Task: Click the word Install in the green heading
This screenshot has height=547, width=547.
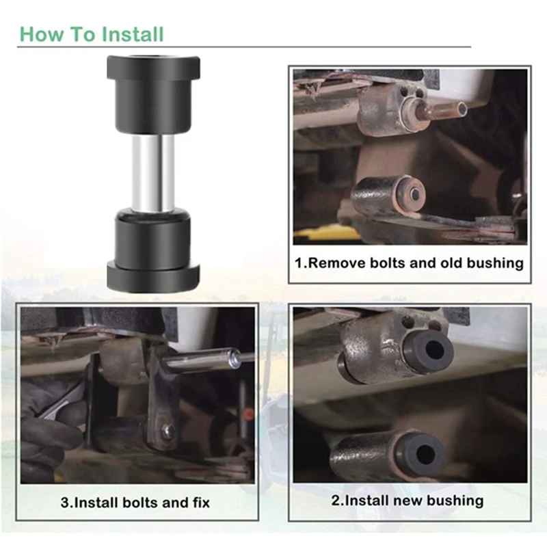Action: pyautogui.click(x=132, y=35)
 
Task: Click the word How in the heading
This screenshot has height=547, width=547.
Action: pyautogui.click(x=42, y=35)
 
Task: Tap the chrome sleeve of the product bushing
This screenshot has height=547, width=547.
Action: pyautogui.click(x=153, y=174)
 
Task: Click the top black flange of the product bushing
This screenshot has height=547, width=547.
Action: pyautogui.click(x=153, y=67)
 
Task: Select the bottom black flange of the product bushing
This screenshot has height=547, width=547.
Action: pyautogui.click(x=153, y=278)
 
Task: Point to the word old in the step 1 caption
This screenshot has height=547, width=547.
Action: pyautogui.click(x=452, y=263)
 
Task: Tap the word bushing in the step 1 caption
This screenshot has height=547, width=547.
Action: pyautogui.click(x=495, y=263)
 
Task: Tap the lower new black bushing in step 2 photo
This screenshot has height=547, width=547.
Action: pyautogui.click(x=421, y=453)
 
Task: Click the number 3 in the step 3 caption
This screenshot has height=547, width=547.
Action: pyautogui.click(x=65, y=503)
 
